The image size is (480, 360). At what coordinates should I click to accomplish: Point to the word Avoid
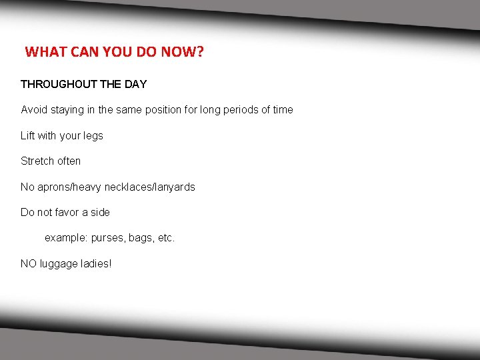point(34,109)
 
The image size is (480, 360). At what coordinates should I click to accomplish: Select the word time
point(281,109)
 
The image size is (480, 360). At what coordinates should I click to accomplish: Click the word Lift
point(28,135)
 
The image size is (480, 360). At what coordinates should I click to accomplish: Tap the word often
point(69,161)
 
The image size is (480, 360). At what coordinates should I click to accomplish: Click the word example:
point(66,238)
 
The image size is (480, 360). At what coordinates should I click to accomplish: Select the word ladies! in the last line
point(97,263)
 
